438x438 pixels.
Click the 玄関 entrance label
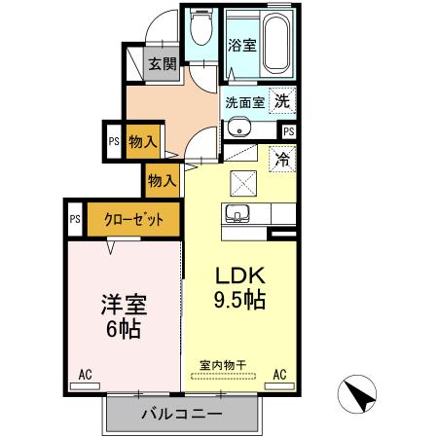pyautogui.click(x=162, y=64)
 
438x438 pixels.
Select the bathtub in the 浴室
pyautogui.click(x=278, y=43)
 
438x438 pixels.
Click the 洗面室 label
pyautogui.click(x=245, y=101)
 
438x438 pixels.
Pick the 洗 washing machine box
pyautogui.click(x=281, y=99)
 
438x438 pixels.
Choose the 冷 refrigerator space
pyautogui.click(x=281, y=156)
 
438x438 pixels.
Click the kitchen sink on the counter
pyautogui.click(x=237, y=213)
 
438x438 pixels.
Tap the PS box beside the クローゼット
pyautogui.click(x=75, y=219)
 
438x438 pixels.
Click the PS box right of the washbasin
pyautogui.click(x=289, y=130)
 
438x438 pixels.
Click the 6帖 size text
pyautogui.click(x=123, y=329)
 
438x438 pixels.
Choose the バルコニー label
pyautogui.click(x=181, y=414)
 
